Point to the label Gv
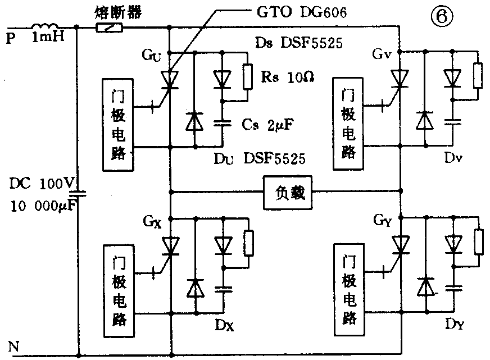tap(382, 54)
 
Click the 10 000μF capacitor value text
tap(43, 206)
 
